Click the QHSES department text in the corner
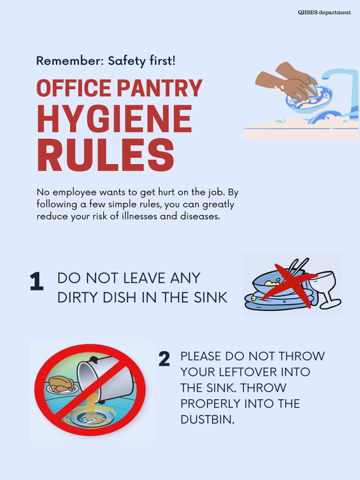pos(324,13)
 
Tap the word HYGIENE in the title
pos(114,120)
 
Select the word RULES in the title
pos(105,154)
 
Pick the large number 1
pos(36,282)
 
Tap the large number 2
pos(164,360)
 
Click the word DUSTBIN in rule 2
pos(207,420)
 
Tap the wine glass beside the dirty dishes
pos(326,288)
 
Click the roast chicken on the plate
pos(61,384)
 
